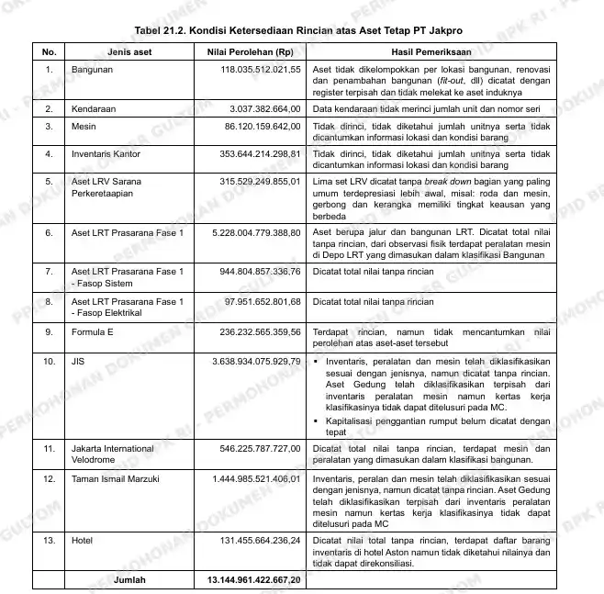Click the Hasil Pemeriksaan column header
[429, 52]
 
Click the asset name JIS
[78, 361]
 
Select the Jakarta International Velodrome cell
[114, 454]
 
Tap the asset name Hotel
[82, 541]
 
